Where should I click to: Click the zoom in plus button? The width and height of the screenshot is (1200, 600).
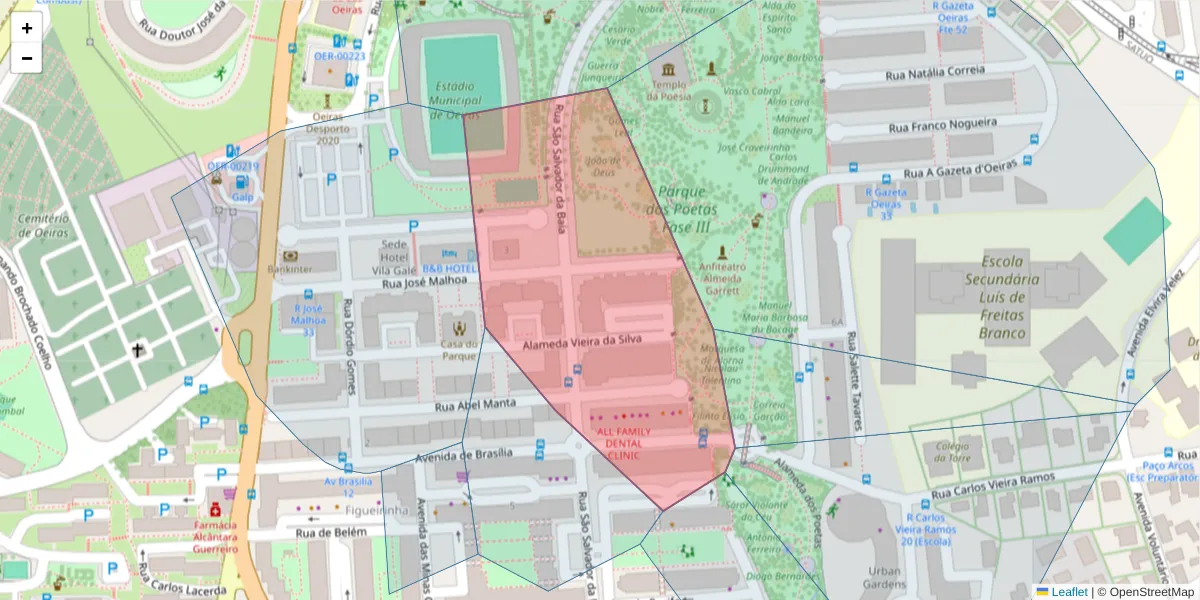pos(27,28)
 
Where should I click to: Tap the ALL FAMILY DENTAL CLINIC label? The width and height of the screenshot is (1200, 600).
pos(623,443)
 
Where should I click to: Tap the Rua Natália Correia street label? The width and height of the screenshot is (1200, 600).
pos(935,73)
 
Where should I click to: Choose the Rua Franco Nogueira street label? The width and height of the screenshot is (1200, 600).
pos(943,124)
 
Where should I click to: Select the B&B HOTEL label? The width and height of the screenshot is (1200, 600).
pos(449,269)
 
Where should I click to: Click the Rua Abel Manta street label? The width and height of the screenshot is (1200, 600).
pos(475,404)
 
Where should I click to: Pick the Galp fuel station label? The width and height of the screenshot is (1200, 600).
pos(242,197)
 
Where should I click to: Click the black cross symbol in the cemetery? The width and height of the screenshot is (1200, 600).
pos(137,351)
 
